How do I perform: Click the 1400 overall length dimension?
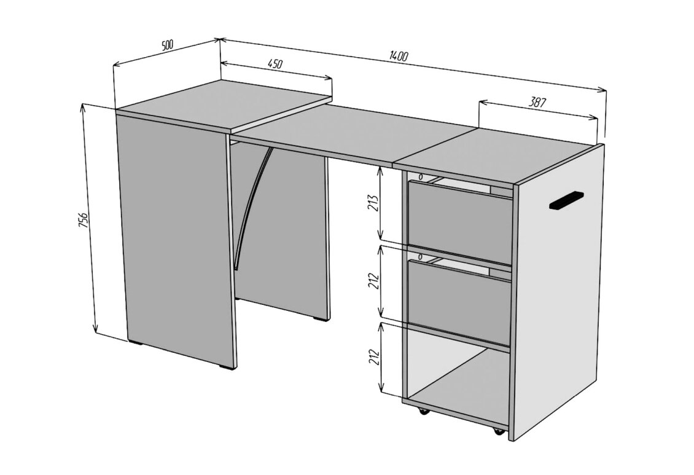pos(399,56)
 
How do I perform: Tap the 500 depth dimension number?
pos(168,45)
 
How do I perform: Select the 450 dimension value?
pos(275,64)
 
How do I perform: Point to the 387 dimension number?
pos(537,102)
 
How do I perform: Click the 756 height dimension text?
pos(84,220)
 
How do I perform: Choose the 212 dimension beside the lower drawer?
pos(375,281)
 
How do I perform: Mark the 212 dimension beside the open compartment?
pos(375,358)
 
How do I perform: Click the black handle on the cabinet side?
pos(566,200)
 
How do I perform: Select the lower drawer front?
pos(459,302)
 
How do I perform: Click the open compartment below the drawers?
pos(458,381)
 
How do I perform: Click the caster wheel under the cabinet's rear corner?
pos(499,431)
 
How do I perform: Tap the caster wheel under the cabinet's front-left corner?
pos(423,411)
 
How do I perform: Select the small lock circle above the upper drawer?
pos(421,177)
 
